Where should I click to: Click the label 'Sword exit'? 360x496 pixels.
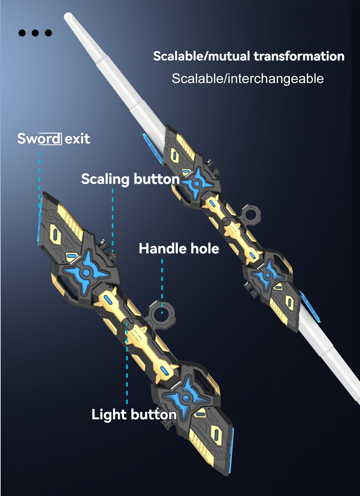coord(54,139)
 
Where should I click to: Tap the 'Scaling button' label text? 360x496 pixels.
coord(130,179)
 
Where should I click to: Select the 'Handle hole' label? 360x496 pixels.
coord(179,248)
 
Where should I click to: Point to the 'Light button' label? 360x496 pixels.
coord(134,415)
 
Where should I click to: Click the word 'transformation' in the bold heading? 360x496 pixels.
coord(299,56)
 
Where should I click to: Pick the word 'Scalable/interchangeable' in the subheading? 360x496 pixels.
coord(247,78)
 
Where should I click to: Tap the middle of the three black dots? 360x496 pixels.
coord(35,32)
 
